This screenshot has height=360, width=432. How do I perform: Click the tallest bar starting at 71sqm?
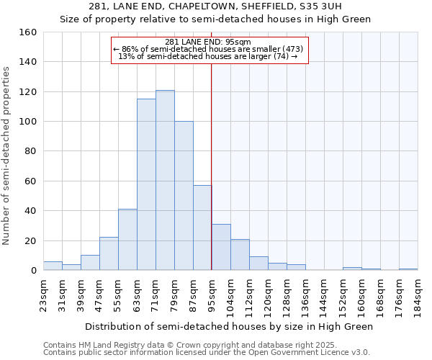(x=165, y=180)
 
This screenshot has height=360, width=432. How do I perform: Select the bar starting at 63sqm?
(x=146, y=184)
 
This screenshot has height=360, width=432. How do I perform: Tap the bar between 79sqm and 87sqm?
(x=184, y=196)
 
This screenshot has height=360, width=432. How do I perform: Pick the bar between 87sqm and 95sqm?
(x=202, y=228)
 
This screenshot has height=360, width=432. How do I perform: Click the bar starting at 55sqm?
(x=127, y=240)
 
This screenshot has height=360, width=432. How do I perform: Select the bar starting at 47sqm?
(x=109, y=253)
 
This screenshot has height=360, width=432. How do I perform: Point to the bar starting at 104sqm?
(x=240, y=255)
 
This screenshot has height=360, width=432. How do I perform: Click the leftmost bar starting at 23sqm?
(x=53, y=266)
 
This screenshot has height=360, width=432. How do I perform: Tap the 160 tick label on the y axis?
(x=28, y=32)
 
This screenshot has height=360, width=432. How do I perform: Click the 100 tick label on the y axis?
(x=28, y=122)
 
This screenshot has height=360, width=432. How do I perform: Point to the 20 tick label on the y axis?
(x=30, y=240)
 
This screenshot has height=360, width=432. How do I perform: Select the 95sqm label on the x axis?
(x=212, y=294)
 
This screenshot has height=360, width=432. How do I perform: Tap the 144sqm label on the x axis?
(x=324, y=294)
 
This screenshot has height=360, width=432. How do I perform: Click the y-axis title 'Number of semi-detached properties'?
(x=7, y=152)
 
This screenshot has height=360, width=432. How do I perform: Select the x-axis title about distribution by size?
(x=229, y=326)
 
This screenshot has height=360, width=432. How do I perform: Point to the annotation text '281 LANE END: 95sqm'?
(x=208, y=42)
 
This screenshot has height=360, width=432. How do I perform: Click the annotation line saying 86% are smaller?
(x=208, y=49)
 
